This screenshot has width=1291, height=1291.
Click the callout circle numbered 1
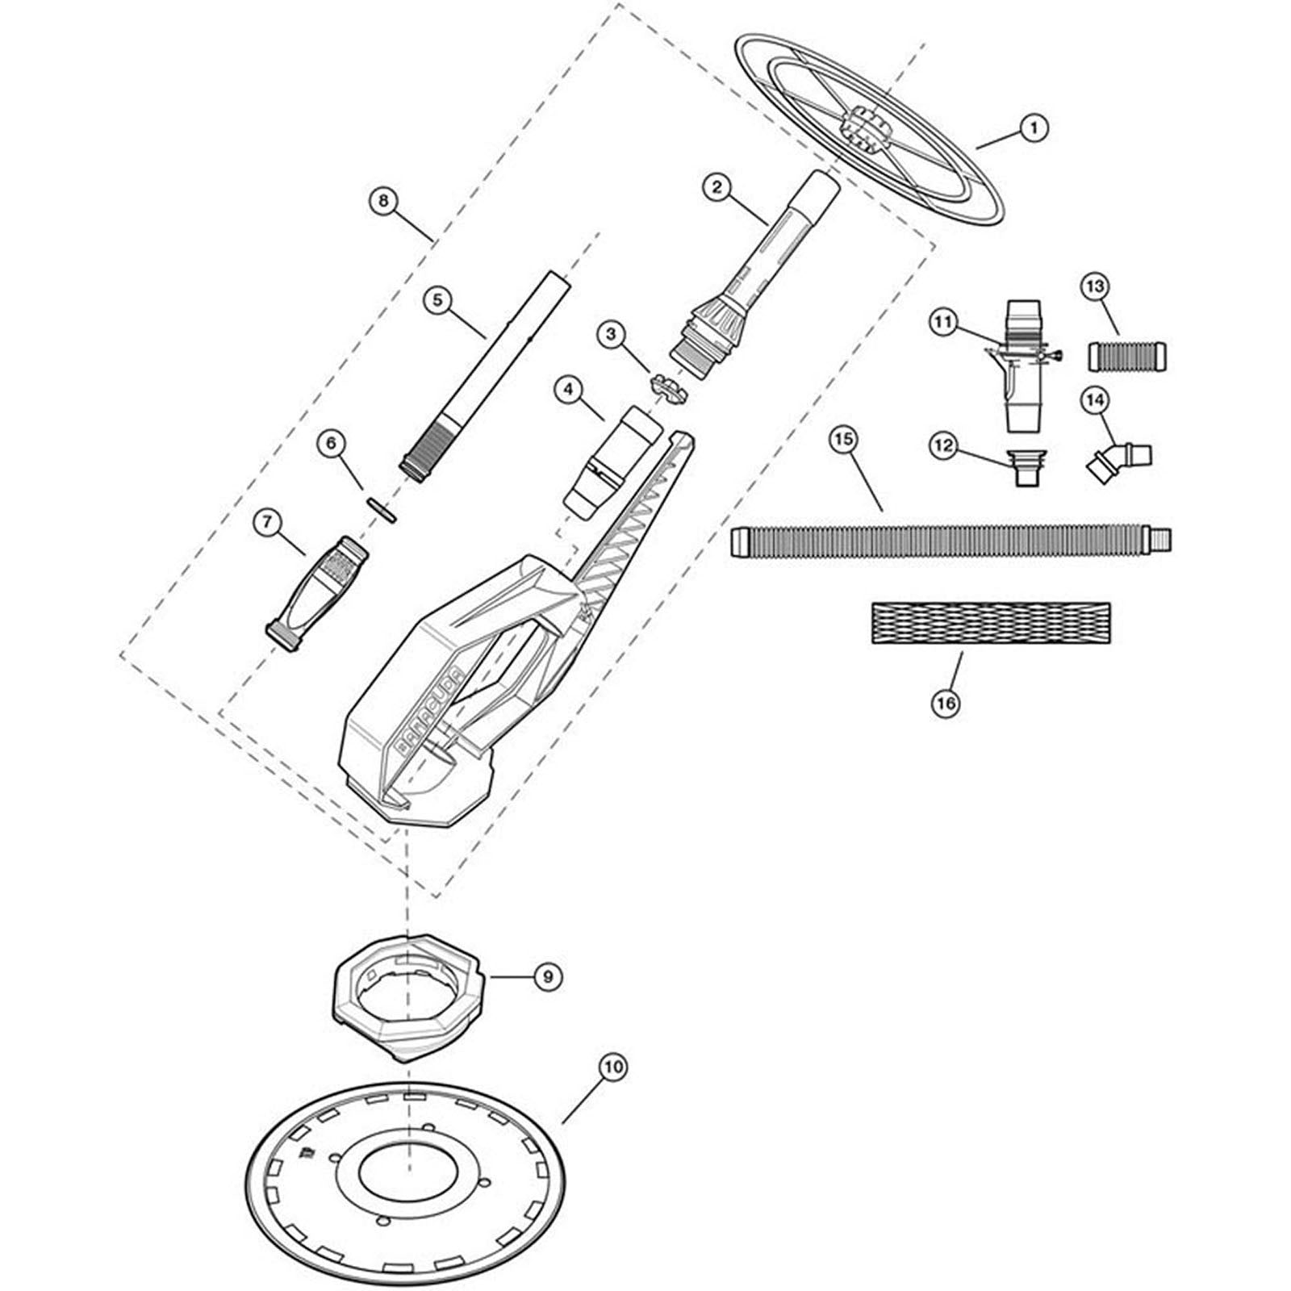point(1034,127)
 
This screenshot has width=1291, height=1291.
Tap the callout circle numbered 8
point(383,201)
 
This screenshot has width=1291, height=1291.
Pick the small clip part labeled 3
point(669,388)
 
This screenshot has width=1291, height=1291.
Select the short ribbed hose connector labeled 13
point(1128,356)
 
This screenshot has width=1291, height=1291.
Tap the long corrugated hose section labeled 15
point(950,541)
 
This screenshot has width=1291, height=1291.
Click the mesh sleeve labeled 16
point(991,622)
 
